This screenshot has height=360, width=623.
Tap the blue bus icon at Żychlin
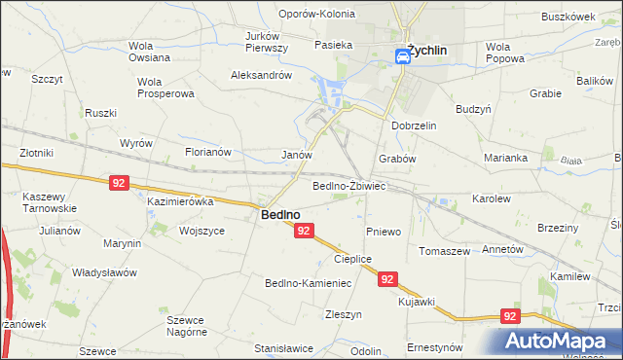(402, 57)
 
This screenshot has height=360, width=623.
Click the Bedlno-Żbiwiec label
(349, 185)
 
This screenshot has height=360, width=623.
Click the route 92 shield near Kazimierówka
(119, 182)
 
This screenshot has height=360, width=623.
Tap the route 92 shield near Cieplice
(387, 278)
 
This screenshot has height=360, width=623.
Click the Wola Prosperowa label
(165, 88)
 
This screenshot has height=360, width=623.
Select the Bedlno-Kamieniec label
(308, 283)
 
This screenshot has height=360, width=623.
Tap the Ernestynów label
(435, 347)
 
